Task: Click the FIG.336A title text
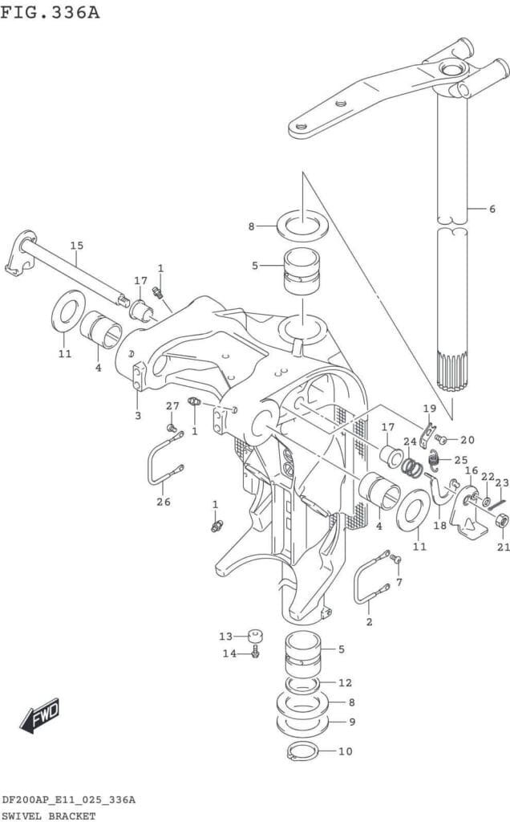pyautogui.click(x=51, y=12)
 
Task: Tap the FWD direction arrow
pyautogui.click(x=40, y=715)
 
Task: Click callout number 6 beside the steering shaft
pyautogui.click(x=492, y=209)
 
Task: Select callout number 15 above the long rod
pyautogui.click(x=77, y=246)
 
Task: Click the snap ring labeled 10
pyautogui.click(x=302, y=751)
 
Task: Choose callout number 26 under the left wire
pyautogui.click(x=164, y=502)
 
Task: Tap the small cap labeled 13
pyautogui.click(x=255, y=636)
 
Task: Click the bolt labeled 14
pyautogui.click(x=256, y=653)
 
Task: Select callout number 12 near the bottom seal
pyautogui.click(x=345, y=682)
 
